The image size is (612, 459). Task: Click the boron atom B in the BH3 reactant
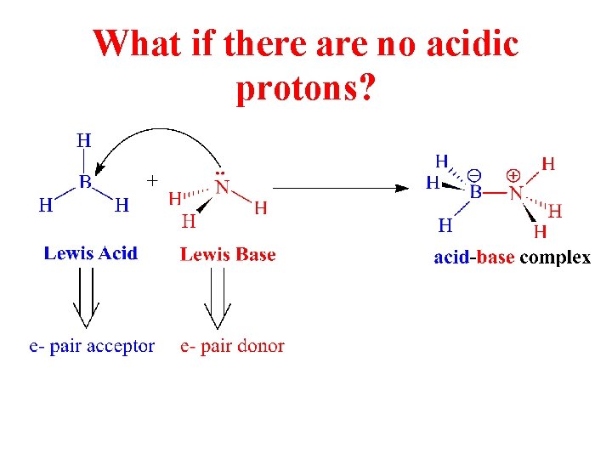85,181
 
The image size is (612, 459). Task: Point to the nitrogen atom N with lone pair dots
222,187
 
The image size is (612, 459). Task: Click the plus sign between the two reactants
152,180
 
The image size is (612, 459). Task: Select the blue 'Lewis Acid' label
90,253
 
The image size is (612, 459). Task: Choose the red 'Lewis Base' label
228,254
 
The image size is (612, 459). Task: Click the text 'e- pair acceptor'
92,346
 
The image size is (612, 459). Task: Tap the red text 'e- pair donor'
232,346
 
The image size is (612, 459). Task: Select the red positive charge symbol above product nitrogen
513,174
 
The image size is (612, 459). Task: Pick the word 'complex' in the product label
554,258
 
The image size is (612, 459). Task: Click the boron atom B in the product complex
476,193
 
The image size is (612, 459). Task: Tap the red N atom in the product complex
515,193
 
